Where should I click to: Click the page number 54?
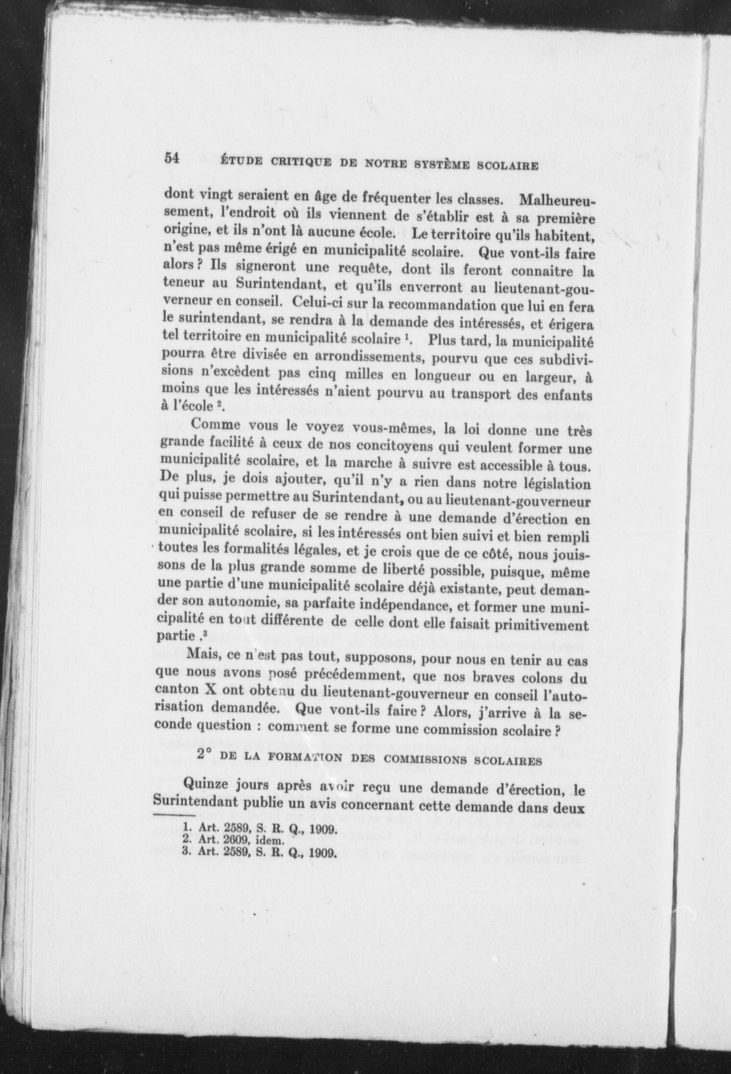coord(173,159)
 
